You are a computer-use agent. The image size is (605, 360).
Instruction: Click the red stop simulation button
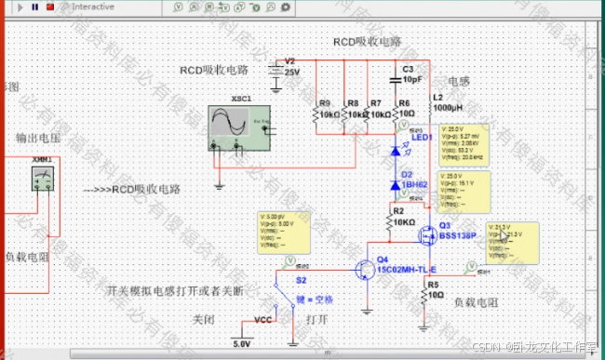click(x=49, y=6)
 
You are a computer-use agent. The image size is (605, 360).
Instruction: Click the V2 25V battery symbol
click(x=276, y=69)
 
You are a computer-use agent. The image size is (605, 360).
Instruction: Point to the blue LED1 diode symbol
click(x=396, y=149)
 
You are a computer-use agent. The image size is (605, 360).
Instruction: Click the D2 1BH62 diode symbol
click(x=396, y=185)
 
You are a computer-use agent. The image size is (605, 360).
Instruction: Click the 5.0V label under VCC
click(x=242, y=343)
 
